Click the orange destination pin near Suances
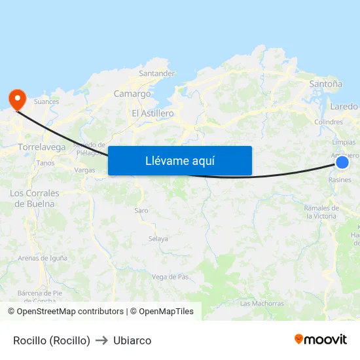tap(16, 98)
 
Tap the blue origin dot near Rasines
tap(342, 162)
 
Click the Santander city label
tap(156, 73)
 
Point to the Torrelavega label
tap(42, 147)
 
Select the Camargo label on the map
tap(132, 94)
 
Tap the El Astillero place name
tap(153, 113)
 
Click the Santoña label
tap(325, 84)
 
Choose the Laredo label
tap(344, 106)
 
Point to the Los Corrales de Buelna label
tap(35, 198)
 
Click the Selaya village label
tap(158, 239)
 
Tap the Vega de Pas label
tap(170, 277)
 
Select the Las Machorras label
tap(262, 304)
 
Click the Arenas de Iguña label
tap(43, 258)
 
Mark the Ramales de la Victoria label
tap(321, 211)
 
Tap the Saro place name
tap(141, 210)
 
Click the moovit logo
tap(321, 340)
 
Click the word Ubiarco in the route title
tap(132, 340)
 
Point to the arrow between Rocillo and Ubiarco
tap(101, 340)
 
